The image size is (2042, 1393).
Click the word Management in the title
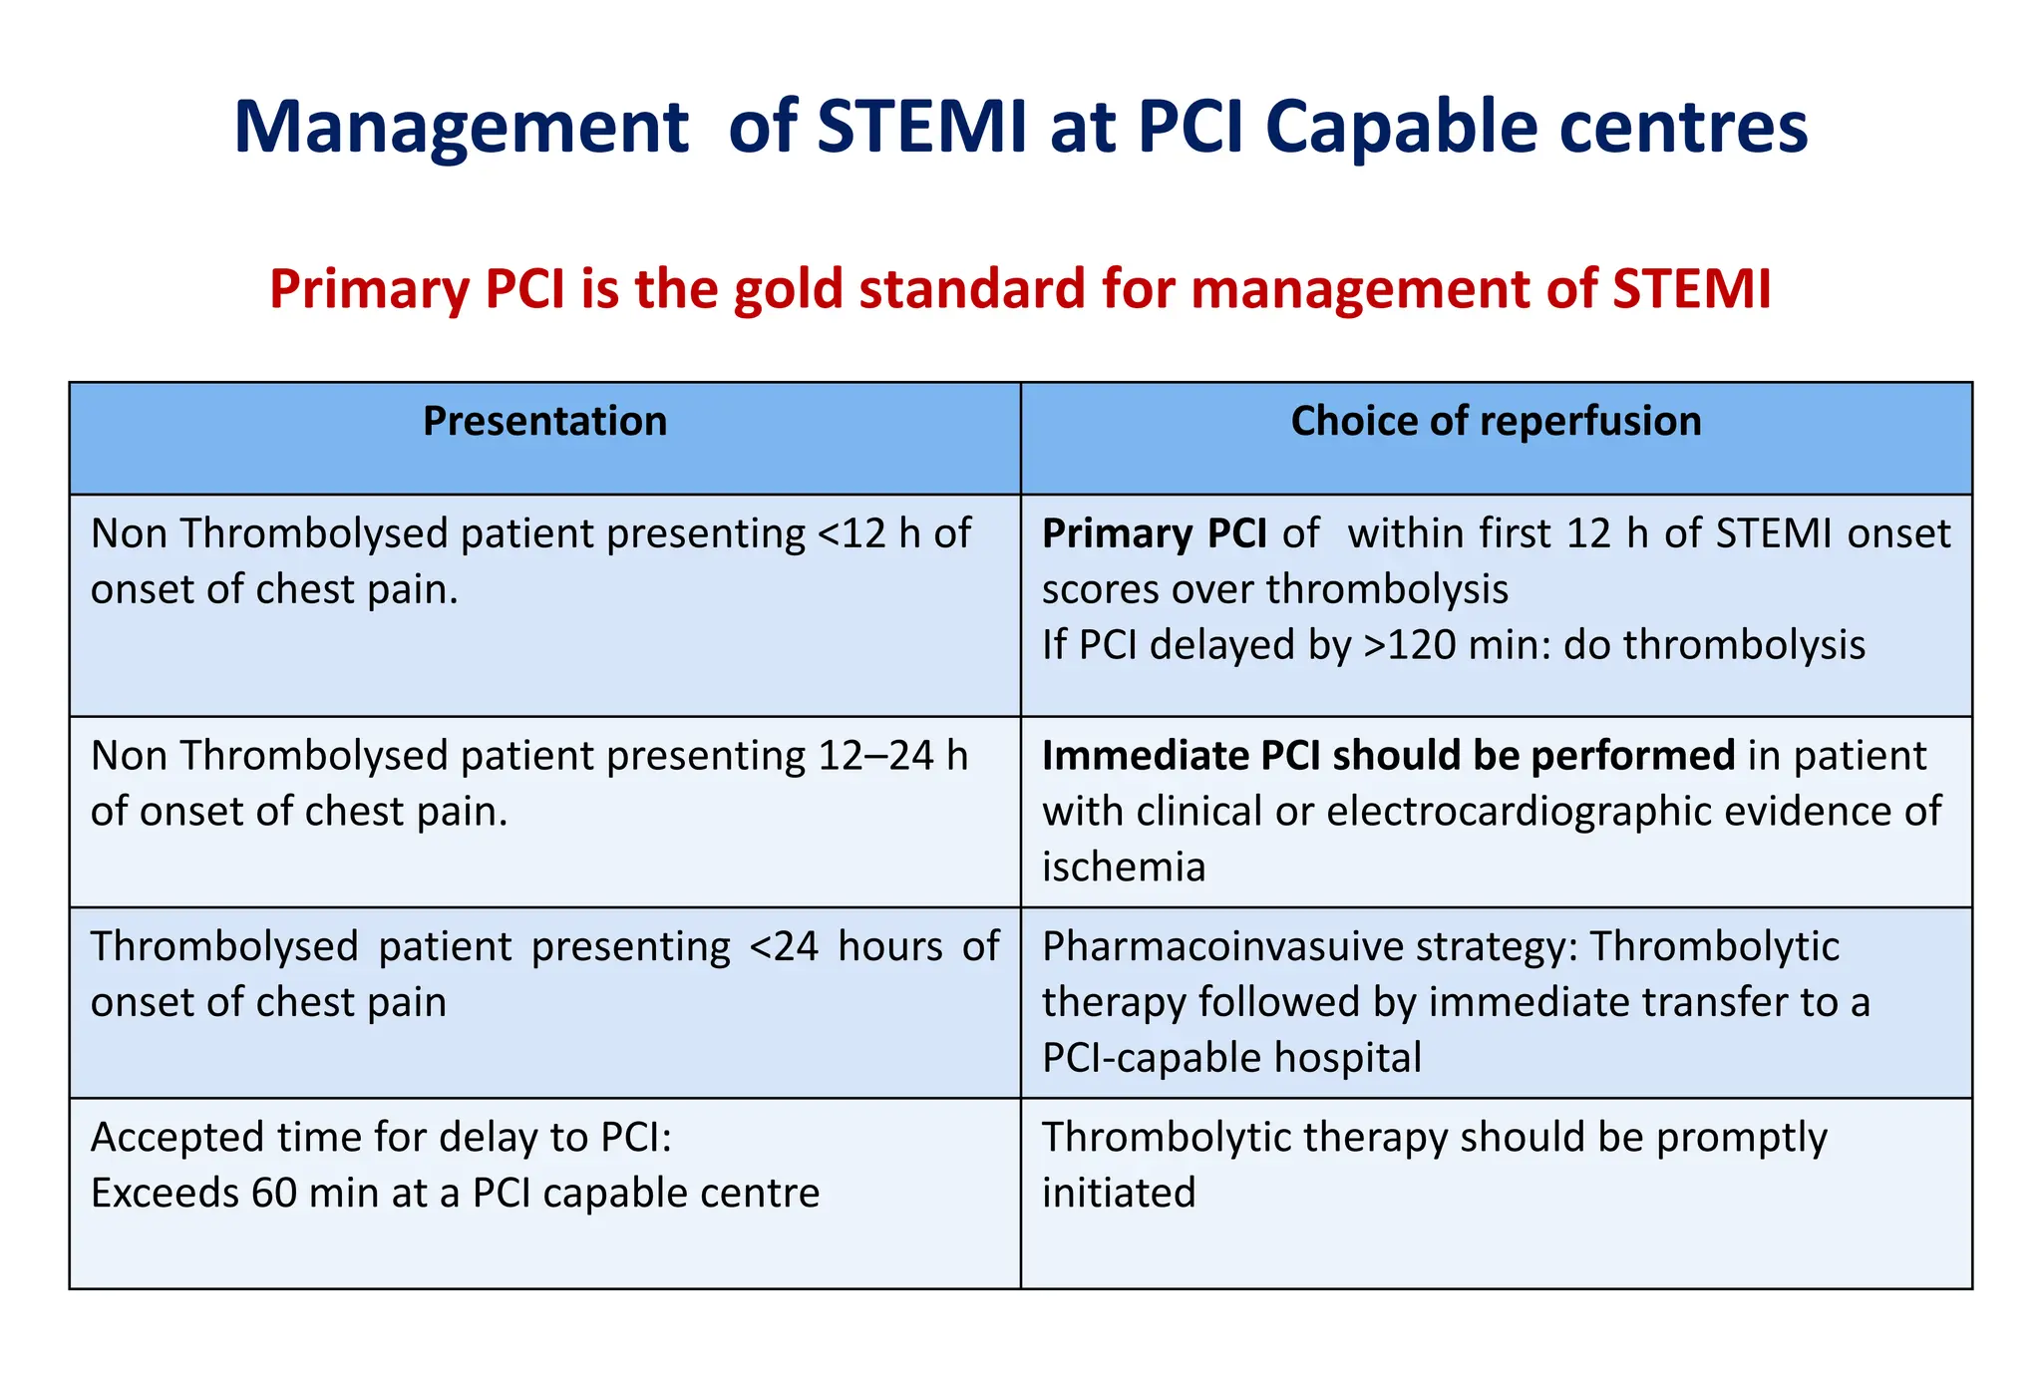click(x=461, y=128)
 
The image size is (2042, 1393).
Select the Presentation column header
click(x=544, y=421)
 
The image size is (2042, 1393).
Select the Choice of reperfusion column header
click(x=1496, y=421)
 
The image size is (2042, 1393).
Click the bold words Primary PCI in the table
click(x=1154, y=533)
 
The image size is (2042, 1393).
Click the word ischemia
click(x=1124, y=867)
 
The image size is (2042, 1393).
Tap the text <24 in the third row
click(x=784, y=946)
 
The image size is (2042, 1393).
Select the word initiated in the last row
click(x=1119, y=1193)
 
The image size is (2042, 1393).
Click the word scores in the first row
click(x=1101, y=589)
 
